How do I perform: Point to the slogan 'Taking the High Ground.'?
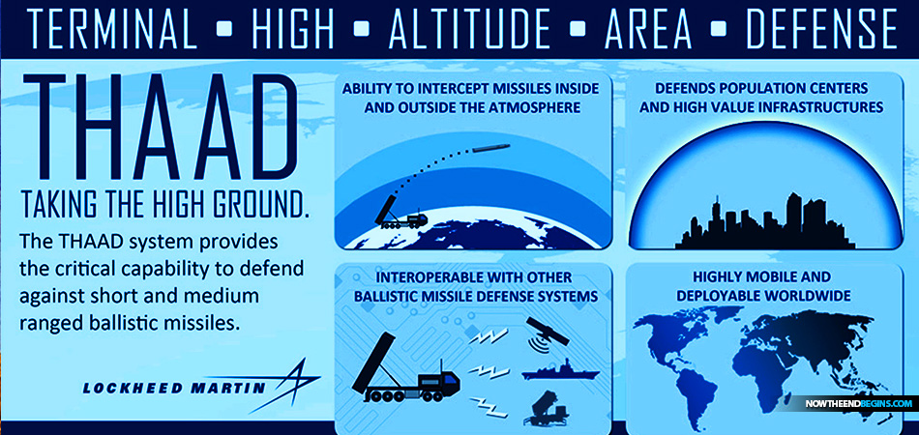tap(164, 206)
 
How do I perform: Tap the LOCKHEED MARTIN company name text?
tap(174, 389)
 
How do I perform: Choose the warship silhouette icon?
tap(560, 370)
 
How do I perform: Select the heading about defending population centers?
tap(761, 98)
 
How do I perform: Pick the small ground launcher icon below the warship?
tap(550, 407)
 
